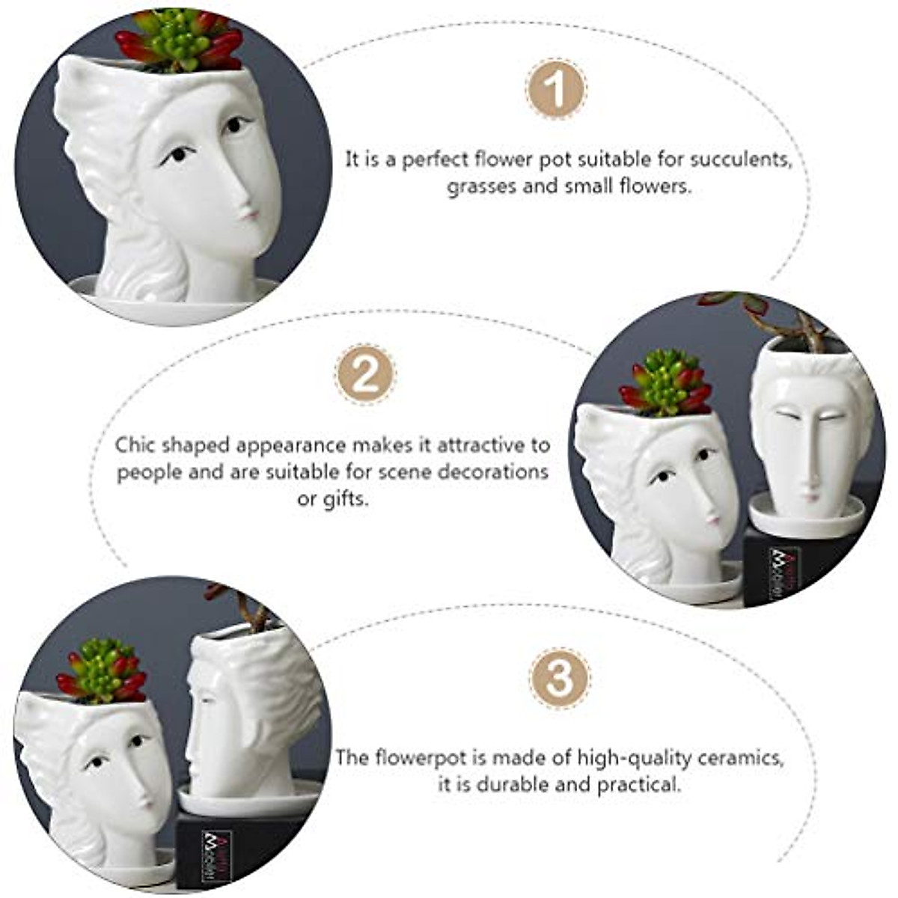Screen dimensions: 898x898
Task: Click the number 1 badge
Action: [556, 90]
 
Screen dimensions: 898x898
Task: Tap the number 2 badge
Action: [365, 374]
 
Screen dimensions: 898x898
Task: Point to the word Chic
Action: [135, 445]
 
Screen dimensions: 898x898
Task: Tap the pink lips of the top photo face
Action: [251, 215]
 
